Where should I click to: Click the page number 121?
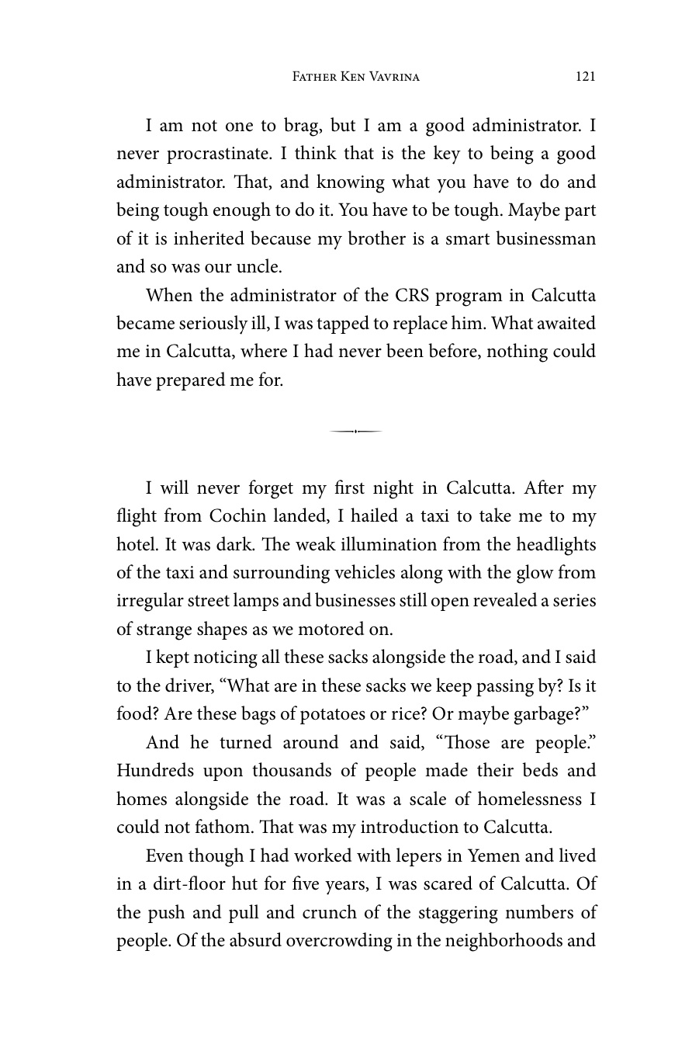coord(585,76)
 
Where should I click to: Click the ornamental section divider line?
coord(355,431)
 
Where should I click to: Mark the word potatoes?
coord(342,714)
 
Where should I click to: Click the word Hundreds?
coord(154,771)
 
